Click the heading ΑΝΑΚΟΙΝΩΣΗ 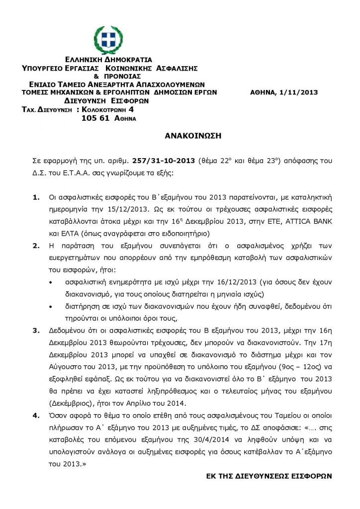click(x=192, y=135)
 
